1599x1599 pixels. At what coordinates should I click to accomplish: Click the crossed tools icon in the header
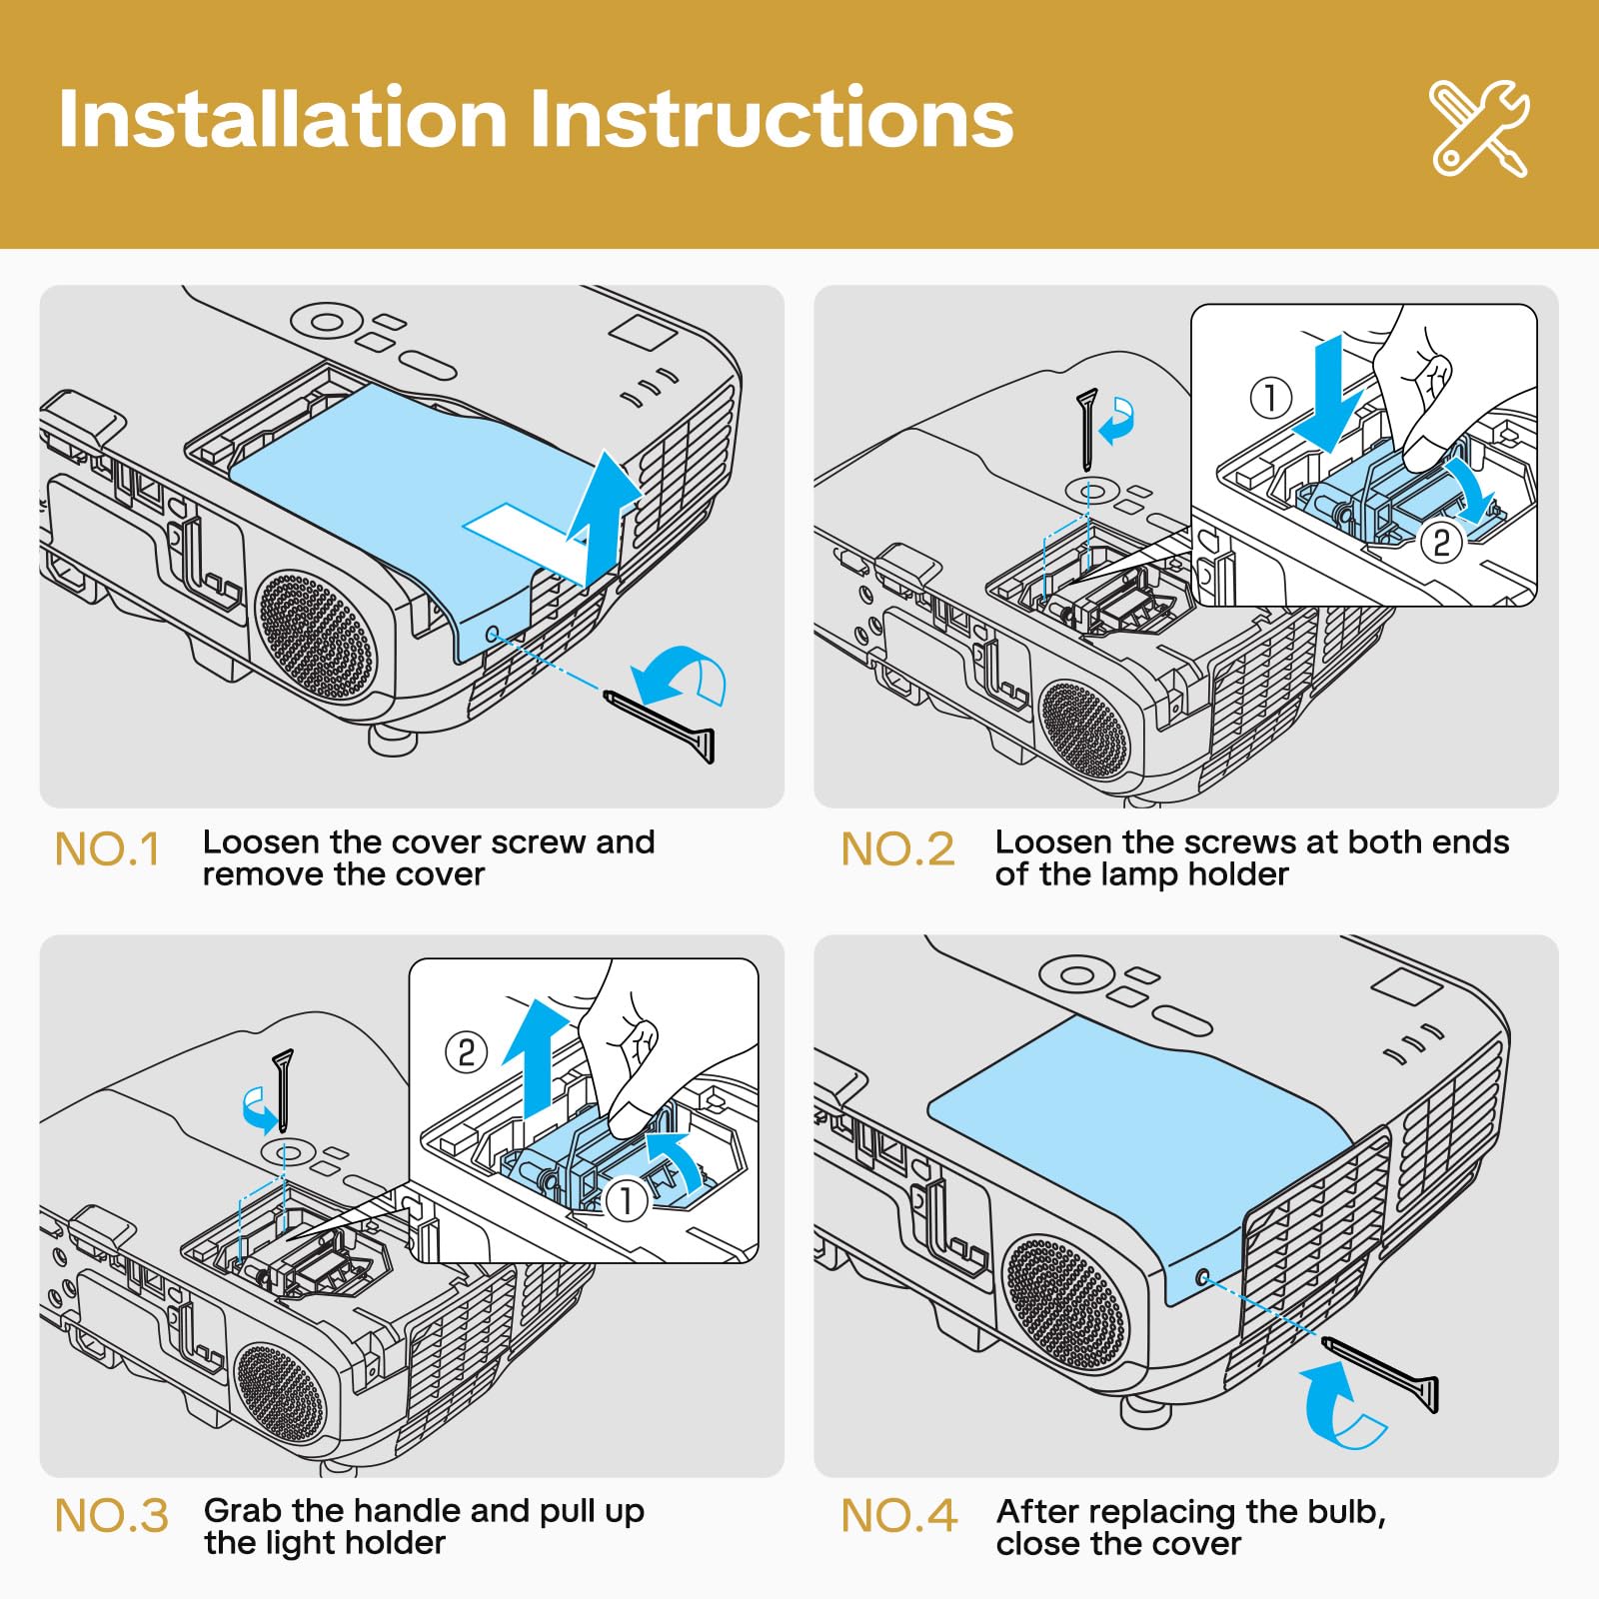1479,128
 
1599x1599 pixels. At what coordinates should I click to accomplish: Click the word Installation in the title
282,120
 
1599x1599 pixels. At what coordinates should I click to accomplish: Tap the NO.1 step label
107,849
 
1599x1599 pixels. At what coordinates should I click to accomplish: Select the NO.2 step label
897,849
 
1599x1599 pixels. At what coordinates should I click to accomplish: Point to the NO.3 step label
111,1516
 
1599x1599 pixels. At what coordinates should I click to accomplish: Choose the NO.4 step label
898,1516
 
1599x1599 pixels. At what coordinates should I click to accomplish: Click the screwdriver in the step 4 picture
1383,1373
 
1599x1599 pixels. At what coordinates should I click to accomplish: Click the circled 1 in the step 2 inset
1271,398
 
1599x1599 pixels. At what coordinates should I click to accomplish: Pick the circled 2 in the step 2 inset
1441,543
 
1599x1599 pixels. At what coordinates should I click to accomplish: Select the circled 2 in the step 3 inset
466,1052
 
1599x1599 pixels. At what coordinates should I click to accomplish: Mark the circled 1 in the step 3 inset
627,1199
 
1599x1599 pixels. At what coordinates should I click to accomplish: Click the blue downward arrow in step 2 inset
1328,395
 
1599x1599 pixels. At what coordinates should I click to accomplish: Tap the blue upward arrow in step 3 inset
538,1059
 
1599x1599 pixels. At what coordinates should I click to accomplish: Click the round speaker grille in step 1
316,636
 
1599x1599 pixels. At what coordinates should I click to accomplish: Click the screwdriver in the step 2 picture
1087,428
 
